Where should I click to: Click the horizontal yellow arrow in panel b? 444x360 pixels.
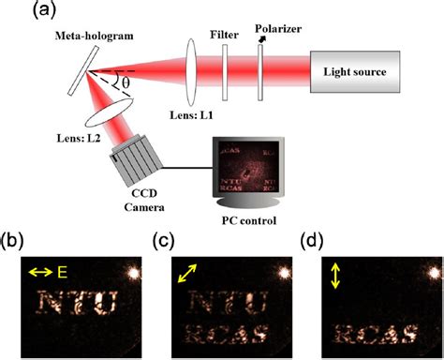(x=42, y=271)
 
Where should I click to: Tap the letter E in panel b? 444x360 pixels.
(x=63, y=271)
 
